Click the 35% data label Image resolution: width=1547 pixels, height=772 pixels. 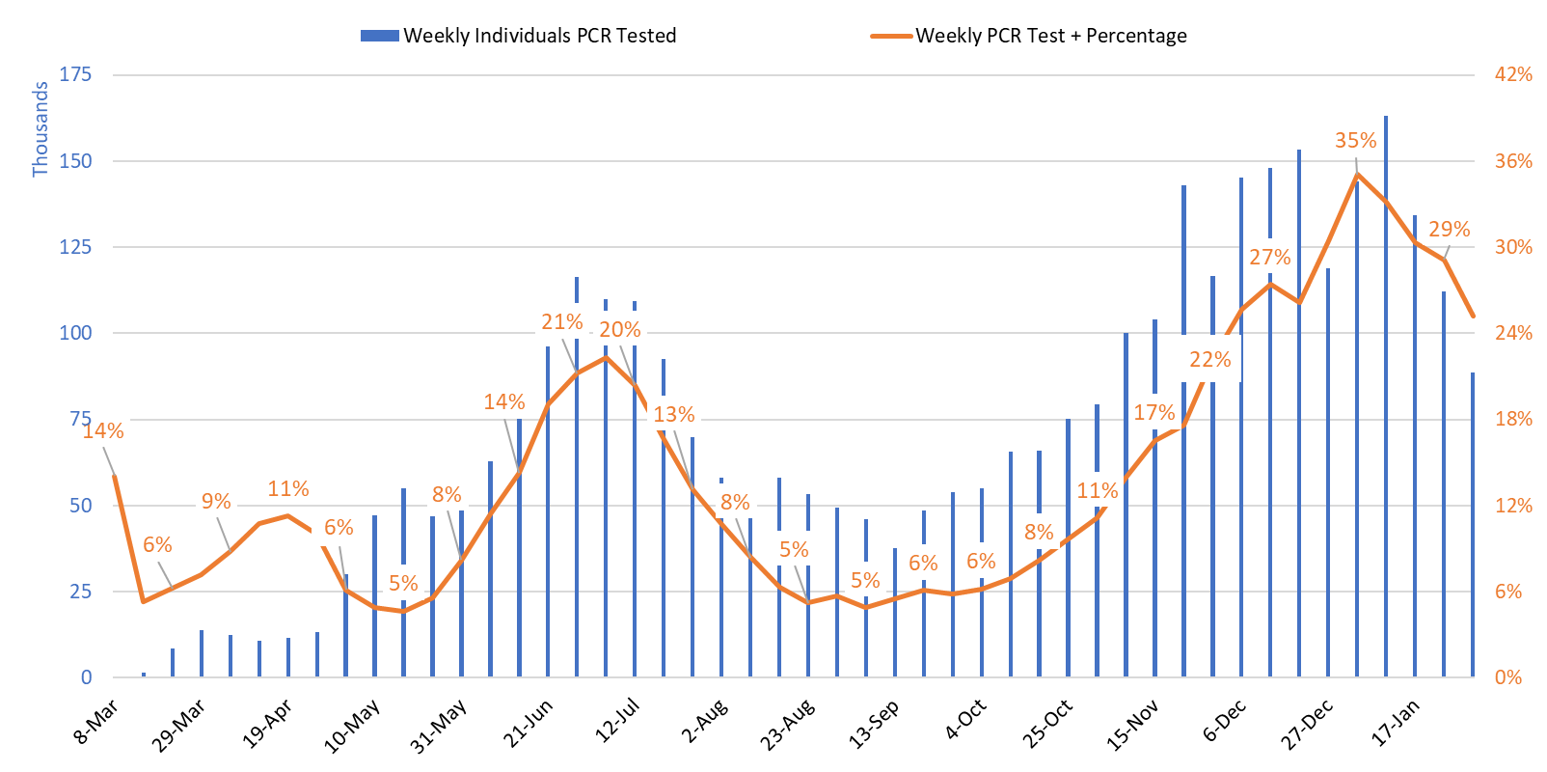click(x=1355, y=141)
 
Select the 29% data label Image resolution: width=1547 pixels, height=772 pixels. click(x=1449, y=230)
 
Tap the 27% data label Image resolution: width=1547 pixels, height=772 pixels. click(x=1269, y=258)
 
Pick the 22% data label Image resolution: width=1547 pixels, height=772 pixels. click(x=1209, y=360)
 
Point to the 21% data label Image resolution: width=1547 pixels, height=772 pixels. click(x=561, y=322)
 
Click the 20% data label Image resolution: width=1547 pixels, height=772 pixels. click(x=619, y=330)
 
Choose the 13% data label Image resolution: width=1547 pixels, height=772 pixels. click(x=673, y=415)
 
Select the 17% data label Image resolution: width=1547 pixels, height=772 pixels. click(x=1153, y=413)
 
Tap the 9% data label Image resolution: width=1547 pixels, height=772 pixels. click(x=216, y=502)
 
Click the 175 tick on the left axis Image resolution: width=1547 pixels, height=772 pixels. click(x=75, y=74)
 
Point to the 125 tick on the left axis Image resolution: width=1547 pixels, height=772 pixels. click(x=75, y=247)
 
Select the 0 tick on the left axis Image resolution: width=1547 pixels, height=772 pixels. click(x=86, y=677)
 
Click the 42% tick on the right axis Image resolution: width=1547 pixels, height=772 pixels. click(x=1513, y=74)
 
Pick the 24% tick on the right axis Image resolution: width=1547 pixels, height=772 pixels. click(x=1513, y=333)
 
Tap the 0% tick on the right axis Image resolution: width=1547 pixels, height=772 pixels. click(x=1508, y=677)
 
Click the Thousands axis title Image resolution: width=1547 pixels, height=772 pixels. click(x=40, y=129)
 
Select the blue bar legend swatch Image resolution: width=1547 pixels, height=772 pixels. click(x=379, y=36)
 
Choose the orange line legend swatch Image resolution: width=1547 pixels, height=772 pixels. click(x=891, y=36)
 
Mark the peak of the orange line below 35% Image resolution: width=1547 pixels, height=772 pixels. click(x=1357, y=174)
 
